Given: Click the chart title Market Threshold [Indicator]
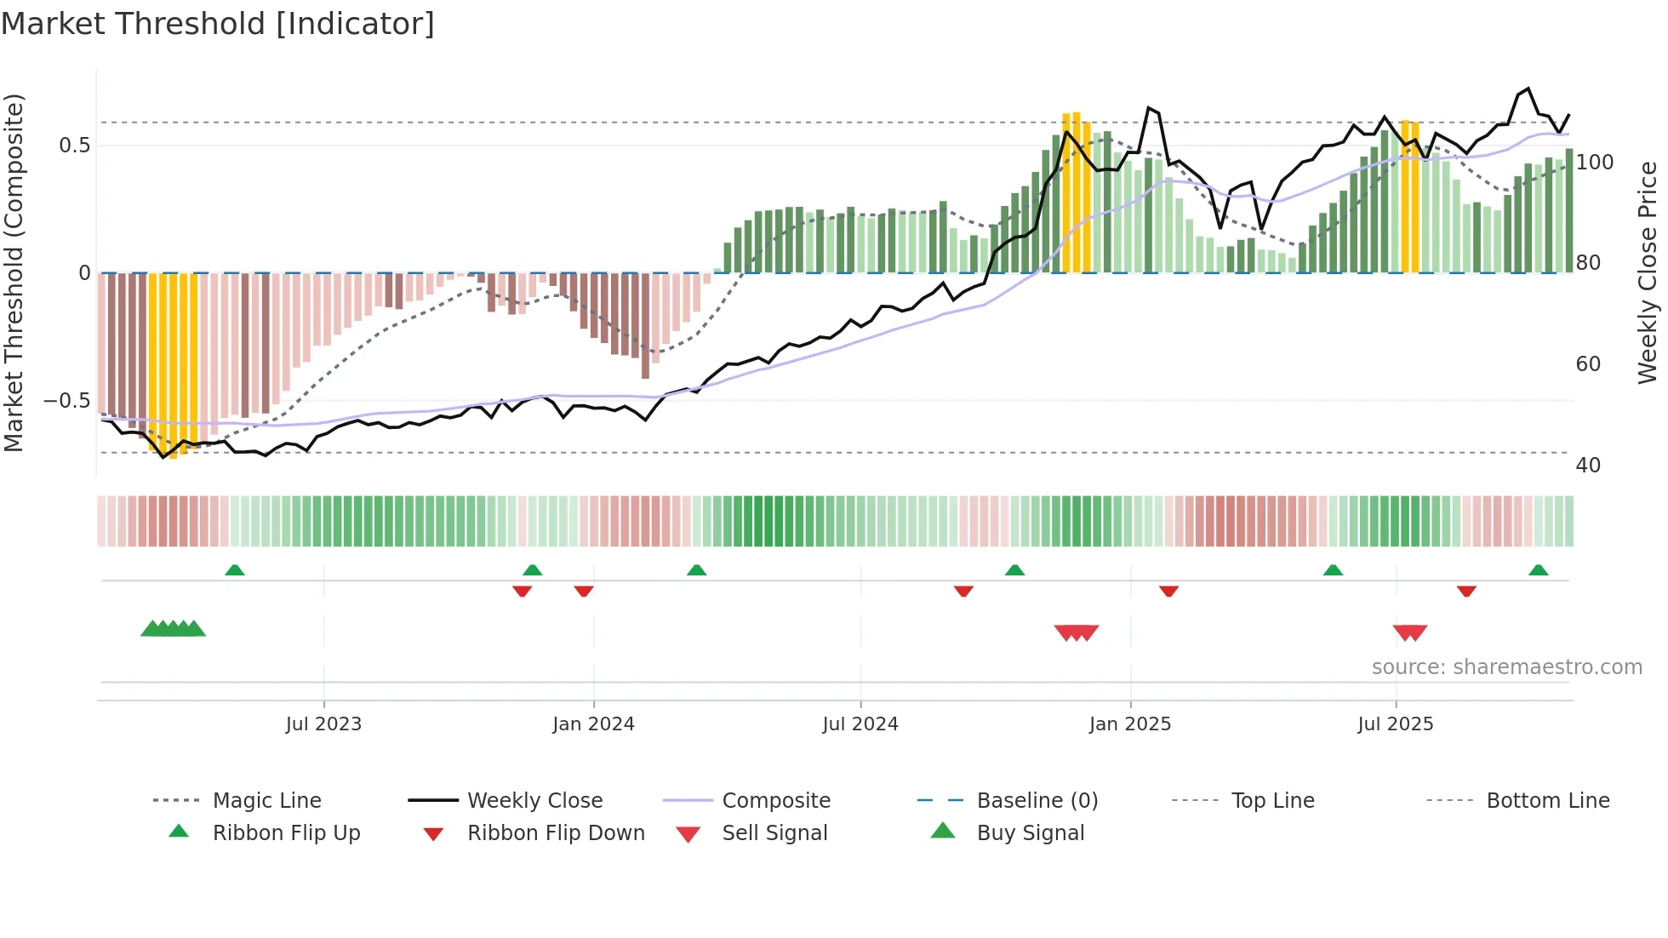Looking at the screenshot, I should coord(218,24).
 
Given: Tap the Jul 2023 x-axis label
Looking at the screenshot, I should coord(323,724).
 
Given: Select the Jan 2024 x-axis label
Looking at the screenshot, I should coord(593,724).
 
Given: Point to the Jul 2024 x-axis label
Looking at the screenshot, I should coord(860,724).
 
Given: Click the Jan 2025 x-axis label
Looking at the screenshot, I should coord(1130,724).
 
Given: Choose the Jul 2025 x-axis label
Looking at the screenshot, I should coord(1396,724).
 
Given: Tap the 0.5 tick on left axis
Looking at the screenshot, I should coord(74,146).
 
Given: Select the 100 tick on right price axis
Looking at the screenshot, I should coord(1594,163).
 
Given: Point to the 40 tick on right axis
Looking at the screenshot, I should coord(1588,466).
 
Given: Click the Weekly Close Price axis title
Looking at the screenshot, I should coord(1648,272).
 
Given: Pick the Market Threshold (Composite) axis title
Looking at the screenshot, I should coord(14,272).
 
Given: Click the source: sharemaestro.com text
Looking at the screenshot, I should coord(1506,667).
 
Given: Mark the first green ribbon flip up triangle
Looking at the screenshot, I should coord(235,570).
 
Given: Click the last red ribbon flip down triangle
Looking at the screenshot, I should coord(1466,591).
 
